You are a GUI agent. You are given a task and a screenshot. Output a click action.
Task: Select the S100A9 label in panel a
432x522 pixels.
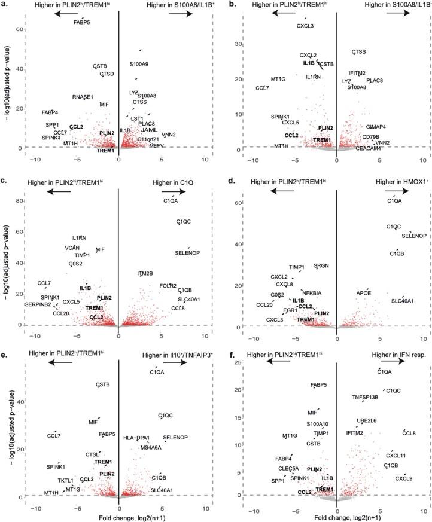(139, 64)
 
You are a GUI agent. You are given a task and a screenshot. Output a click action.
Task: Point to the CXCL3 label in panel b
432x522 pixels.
(305, 25)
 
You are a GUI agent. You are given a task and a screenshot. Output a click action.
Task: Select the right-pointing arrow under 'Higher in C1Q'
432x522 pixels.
(177, 191)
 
